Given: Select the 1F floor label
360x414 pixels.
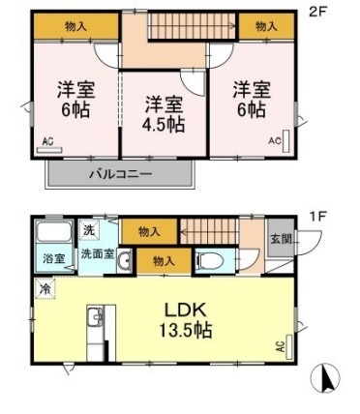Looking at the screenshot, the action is click(319, 216).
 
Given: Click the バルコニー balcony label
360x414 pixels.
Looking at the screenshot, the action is click(121, 174).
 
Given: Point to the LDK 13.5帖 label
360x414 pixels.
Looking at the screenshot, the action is click(186, 320).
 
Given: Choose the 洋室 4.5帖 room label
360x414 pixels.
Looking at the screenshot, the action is click(164, 114).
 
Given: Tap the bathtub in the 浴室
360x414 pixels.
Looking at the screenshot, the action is click(54, 231).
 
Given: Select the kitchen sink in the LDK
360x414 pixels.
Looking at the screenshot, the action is click(96, 317).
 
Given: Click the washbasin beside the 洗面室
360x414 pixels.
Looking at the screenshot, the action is click(124, 260).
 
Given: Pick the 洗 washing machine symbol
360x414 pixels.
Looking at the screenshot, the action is click(89, 229).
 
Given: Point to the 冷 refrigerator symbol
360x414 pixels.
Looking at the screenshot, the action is click(45, 288).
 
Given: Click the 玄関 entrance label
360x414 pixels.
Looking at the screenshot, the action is click(281, 239).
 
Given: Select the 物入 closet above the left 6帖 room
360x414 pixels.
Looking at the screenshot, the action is click(75, 26).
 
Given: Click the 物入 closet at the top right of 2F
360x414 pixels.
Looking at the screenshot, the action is click(266, 26).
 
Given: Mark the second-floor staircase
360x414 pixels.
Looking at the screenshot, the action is click(193, 26).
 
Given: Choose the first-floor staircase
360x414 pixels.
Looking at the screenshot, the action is click(209, 231).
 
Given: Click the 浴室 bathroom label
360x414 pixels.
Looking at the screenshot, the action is click(54, 258).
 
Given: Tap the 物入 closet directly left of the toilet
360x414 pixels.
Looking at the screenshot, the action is click(165, 261).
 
